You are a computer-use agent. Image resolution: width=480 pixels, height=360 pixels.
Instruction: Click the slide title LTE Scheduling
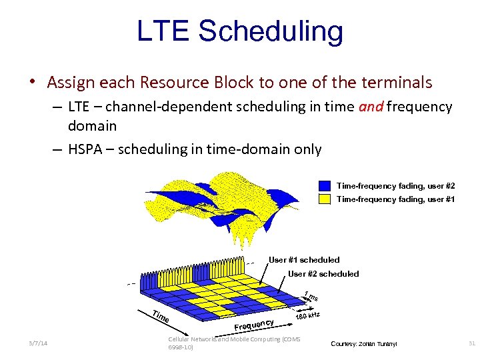[x=240, y=31]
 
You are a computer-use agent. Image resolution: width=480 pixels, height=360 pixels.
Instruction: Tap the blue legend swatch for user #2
[x=325, y=186]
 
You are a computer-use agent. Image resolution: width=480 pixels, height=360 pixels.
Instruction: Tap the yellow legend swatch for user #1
[x=325, y=199]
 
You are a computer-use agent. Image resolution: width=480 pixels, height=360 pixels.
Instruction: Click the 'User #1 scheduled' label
[x=304, y=260]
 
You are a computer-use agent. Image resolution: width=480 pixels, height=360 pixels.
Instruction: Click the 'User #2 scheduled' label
[x=323, y=274]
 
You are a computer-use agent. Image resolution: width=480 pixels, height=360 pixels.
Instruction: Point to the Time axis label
[x=159, y=318]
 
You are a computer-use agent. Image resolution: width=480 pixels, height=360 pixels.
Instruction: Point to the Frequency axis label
[x=255, y=323]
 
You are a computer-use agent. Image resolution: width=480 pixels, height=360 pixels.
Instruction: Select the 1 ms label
[x=311, y=296]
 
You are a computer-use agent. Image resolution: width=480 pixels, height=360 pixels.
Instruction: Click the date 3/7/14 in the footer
[x=38, y=343]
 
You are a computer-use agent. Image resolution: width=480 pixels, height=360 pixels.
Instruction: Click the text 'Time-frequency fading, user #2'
[x=395, y=186]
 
